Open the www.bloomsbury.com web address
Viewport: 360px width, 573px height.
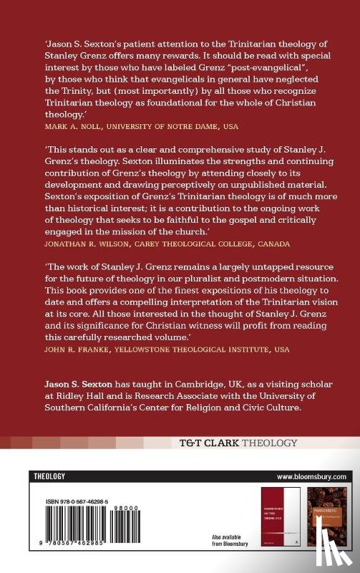(311, 476)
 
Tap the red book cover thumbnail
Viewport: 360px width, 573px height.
(278, 517)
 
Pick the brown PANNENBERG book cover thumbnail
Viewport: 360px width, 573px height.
(326, 517)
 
